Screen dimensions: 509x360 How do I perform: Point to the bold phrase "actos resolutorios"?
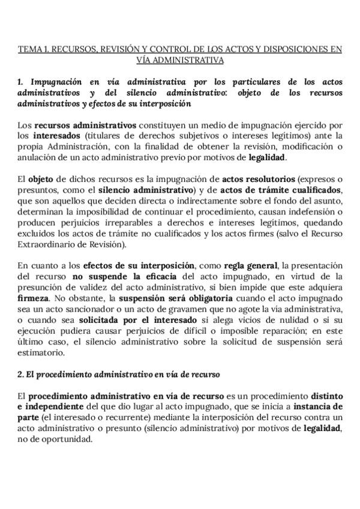click(x=258, y=179)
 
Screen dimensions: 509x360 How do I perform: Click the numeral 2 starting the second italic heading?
click(x=20, y=374)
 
